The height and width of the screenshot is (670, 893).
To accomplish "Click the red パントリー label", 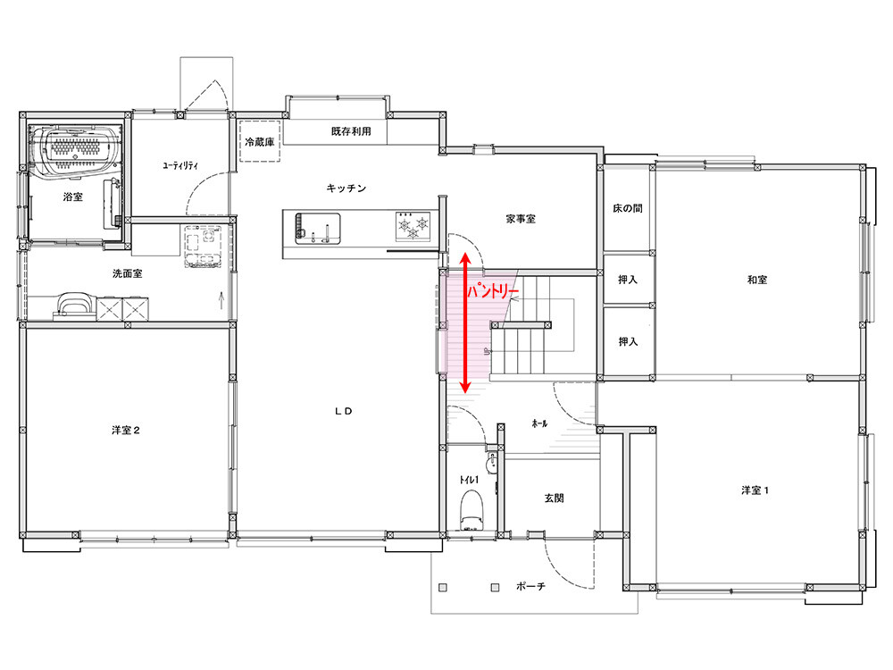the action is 493,292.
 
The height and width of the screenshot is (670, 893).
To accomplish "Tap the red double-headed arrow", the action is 465,323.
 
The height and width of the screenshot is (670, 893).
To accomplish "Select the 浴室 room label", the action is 73,197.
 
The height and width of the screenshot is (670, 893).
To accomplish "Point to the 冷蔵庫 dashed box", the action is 260,141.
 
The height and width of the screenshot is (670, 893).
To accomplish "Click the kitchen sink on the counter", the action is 318,229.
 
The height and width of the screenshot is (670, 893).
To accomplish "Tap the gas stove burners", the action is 413,226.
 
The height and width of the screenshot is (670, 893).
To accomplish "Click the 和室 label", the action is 757,280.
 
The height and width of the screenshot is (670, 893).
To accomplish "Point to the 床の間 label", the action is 628,208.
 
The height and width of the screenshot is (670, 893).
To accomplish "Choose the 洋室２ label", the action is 126,431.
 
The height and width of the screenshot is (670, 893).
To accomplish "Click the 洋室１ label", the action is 755,490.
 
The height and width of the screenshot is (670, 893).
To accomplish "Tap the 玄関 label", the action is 555,498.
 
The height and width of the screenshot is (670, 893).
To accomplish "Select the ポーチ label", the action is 530,586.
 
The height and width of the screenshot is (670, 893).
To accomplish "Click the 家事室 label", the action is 521,219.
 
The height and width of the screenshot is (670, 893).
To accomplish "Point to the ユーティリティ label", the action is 180,166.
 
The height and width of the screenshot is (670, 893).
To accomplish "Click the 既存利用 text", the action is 351,131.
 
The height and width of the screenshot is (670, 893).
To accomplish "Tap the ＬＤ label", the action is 344,411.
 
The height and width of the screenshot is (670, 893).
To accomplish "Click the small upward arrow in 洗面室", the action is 221,300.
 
